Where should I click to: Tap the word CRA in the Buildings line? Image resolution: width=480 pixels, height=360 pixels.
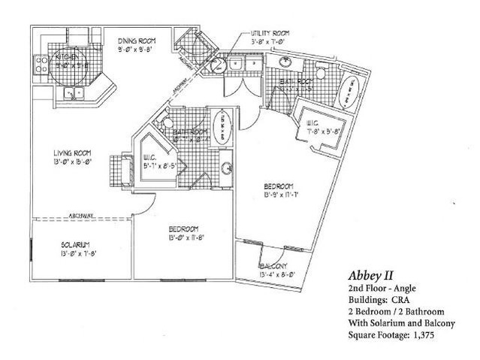(x=399, y=299)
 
